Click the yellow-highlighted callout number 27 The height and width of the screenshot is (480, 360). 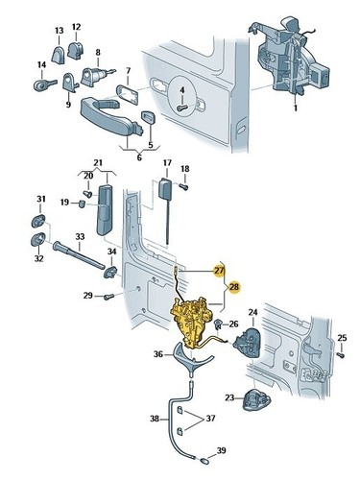tap(220, 271)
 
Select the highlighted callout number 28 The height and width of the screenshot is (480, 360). tap(234, 287)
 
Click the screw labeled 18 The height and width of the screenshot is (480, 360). tap(184, 186)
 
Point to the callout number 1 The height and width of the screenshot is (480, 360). tap(296, 108)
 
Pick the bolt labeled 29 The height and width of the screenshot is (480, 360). tap(109, 297)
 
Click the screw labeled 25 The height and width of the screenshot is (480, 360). tap(341, 354)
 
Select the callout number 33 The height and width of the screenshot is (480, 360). tap(80, 236)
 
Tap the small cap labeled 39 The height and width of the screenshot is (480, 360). tap(204, 461)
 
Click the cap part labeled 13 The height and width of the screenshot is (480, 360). tap(59, 55)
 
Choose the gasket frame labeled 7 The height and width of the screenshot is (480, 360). tap(127, 95)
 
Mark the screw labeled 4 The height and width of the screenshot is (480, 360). tap(181, 108)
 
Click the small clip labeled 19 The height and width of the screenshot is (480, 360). tap(82, 204)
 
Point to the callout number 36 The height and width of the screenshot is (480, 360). tap(158, 354)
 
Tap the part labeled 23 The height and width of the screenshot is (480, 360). tap(256, 399)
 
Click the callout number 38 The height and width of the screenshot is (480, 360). tap(155, 419)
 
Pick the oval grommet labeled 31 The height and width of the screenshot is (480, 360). tap(39, 221)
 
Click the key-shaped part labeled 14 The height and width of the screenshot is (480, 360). tap(44, 84)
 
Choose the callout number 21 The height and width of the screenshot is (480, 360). tap(98, 162)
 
